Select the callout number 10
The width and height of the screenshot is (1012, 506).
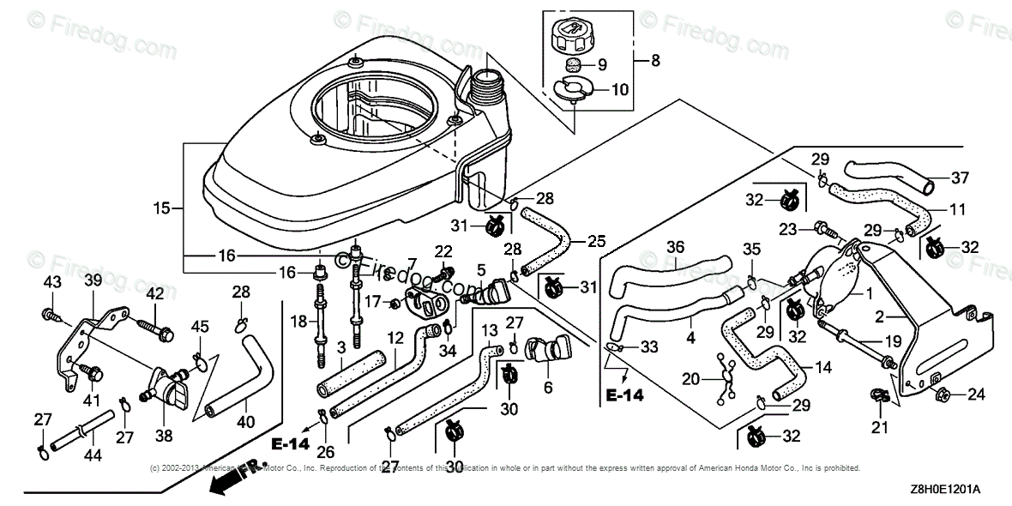click(620, 88)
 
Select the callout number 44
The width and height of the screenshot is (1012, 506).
click(93, 456)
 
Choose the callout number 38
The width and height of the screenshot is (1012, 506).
click(162, 435)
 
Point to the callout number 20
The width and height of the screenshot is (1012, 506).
click(691, 378)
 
